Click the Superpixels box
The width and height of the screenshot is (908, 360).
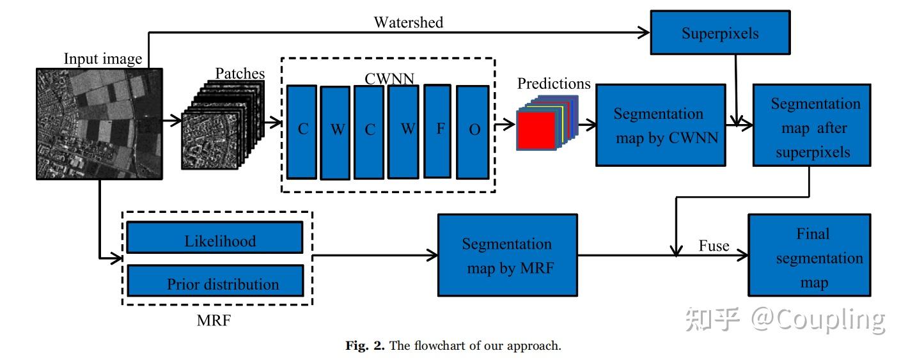click(x=720, y=33)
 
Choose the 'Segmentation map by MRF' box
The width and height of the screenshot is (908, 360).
click(x=507, y=255)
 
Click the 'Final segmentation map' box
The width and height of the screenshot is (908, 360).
click(x=810, y=255)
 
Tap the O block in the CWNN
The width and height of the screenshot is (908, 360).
click(x=474, y=130)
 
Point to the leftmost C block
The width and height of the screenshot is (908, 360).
click(x=302, y=130)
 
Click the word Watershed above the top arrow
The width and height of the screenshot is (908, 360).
click(x=408, y=22)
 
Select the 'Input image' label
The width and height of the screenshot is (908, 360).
click(x=103, y=59)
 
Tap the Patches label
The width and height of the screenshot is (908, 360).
click(x=240, y=74)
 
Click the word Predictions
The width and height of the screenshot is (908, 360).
click(x=554, y=84)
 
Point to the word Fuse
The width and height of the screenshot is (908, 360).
click(x=714, y=246)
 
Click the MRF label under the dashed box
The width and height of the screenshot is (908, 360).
click(x=214, y=320)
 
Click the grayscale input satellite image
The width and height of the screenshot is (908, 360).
click(x=98, y=123)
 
